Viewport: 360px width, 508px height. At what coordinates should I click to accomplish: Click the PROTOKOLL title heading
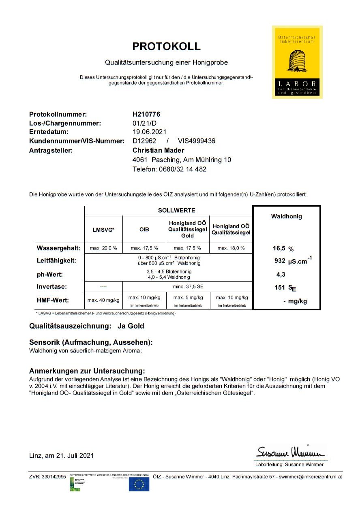pyautogui.click(x=166, y=46)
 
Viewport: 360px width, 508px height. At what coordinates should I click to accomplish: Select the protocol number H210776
pyautogui.click(x=146, y=115)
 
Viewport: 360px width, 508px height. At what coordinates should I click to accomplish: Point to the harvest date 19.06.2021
pyautogui.click(x=149, y=132)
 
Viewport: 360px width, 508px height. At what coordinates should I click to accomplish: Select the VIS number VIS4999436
pyautogui.click(x=197, y=141)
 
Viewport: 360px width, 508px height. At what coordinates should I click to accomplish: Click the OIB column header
pyautogui.click(x=144, y=230)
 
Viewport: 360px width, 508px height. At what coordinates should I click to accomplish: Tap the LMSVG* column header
pyautogui.click(x=103, y=230)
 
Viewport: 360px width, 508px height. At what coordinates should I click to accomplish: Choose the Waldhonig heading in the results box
pyautogui.click(x=286, y=216)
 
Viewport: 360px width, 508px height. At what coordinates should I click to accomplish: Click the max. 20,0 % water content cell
pyautogui.click(x=103, y=248)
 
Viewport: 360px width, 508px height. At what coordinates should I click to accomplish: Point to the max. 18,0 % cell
pyautogui.click(x=231, y=248)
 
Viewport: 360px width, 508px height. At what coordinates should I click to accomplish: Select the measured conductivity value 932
pyautogui.click(x=280, y=261)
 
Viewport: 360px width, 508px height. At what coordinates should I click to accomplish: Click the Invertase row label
pyautogui.click(x=52, y=286)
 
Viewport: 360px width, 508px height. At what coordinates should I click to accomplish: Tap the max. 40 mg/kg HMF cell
pyautogui.click(x=103, y=300)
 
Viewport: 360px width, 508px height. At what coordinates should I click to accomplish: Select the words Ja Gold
pyautogui.click(x=131, y=326)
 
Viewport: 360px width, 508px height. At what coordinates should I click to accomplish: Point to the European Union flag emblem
pyautogui.click(x=139, y=484)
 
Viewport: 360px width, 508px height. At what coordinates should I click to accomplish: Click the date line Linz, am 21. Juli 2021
pyautogui.click(x=62, y=455)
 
